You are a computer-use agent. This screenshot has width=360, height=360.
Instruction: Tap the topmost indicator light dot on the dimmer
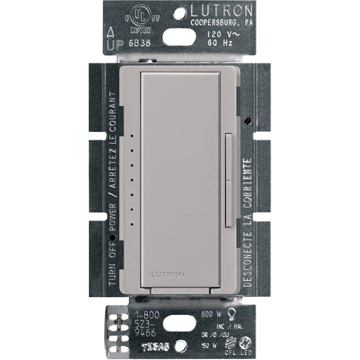coord(132,136)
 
